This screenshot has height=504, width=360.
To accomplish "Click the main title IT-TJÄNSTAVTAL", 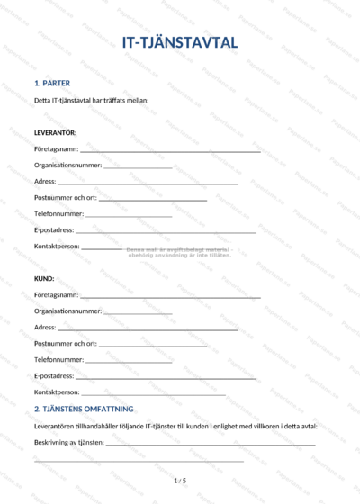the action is [180, 42].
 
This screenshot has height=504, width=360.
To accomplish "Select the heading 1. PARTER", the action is [51, 83].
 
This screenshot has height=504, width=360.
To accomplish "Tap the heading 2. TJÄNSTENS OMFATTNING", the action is [84, 409].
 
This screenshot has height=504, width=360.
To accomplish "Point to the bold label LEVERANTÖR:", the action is [55, 132].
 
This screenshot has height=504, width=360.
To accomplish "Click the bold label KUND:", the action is [44, 279].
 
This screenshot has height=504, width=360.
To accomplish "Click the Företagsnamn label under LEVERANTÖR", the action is [56, 149].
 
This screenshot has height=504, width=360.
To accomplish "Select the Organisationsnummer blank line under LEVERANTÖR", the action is [138, 167].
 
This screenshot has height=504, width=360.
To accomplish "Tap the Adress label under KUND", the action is [45, 328].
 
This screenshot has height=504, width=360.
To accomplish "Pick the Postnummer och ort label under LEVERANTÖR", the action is [65, 198].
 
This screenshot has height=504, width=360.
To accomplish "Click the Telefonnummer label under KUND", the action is [58, 360].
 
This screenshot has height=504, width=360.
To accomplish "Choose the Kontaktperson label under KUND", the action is [57, 392].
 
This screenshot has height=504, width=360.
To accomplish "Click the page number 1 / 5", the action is [180, 481].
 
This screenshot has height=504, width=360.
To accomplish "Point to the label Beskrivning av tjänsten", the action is [68, 443].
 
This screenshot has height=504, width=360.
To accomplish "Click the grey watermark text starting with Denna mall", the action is [180, 252].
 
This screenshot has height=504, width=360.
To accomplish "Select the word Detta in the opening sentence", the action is [41, 100].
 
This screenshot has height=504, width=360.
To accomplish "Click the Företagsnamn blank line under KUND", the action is [170, 297].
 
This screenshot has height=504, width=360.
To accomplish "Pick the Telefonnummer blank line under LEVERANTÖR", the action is [129, 216].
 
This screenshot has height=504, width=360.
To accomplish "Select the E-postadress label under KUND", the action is [54, 376].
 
